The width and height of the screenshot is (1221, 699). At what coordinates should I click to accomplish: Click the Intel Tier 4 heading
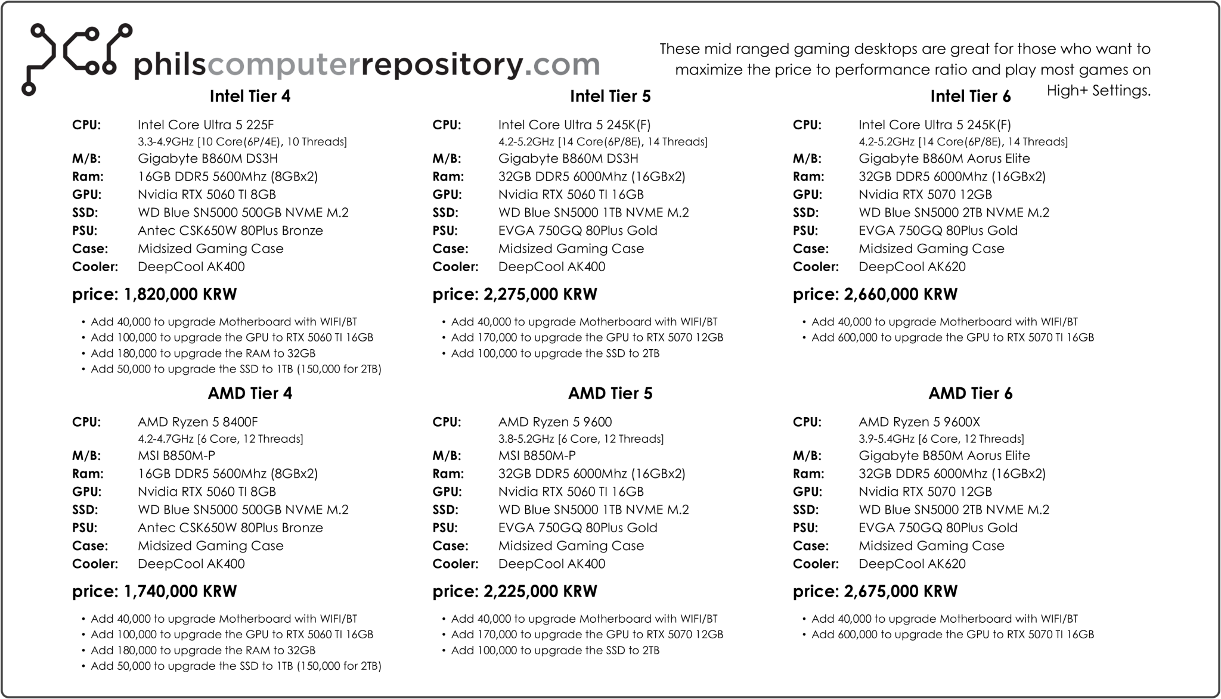[250, 97]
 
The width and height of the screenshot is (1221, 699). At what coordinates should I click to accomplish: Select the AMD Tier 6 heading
[970, 393]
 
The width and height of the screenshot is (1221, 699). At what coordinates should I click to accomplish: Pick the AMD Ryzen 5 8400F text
[197, 422]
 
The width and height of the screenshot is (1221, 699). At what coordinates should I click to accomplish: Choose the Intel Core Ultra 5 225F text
[206, 125]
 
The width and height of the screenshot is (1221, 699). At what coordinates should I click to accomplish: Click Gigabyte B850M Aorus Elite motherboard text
[944, 456]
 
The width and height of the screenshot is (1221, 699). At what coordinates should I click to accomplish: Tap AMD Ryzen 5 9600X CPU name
[919, 422]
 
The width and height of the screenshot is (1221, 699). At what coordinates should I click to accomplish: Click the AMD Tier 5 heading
[610, 393]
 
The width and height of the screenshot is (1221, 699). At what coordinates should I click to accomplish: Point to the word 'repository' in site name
[442, 64]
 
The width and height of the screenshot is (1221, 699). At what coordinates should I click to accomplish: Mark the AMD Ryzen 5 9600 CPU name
[554, 422]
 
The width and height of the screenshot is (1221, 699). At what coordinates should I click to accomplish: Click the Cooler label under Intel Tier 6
[815, 267]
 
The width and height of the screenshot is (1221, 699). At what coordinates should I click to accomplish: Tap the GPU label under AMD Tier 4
[86, 492]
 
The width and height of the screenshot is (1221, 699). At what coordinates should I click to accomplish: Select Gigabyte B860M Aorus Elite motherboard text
[944, 159]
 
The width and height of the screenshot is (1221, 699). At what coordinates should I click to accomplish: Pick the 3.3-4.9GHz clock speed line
[242, 142]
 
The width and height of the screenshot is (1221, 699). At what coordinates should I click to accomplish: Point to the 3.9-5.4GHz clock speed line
[941, 439]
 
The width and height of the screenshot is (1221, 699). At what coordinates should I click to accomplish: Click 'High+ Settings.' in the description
[1098, 91]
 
